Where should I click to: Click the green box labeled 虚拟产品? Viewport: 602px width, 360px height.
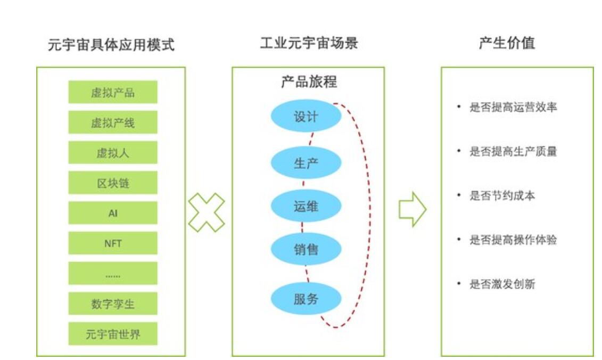point(113,92)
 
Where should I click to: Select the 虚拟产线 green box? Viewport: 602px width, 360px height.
point(113,122)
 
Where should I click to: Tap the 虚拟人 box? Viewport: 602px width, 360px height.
point(113,152)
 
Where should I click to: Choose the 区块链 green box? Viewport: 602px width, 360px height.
point(113,183)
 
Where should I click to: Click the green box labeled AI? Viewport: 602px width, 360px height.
point(113,213)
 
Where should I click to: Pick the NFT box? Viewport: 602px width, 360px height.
point(113,243)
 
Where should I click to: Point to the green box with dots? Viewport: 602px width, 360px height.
point(113,273)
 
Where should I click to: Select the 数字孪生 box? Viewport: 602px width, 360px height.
point(113,304)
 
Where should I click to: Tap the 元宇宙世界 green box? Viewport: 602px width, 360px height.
point(113,333)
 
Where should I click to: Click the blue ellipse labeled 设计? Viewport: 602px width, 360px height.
point(306,116)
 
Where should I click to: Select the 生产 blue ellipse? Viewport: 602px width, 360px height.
point(306,162)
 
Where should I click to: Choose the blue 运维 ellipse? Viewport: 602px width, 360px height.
point(306,206)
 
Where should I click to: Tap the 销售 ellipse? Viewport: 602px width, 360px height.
point(306,249)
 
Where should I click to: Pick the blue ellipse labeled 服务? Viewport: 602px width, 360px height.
point(306,299)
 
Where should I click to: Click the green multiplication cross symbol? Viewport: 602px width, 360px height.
point(207,212)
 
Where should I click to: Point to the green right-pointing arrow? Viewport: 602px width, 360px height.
point(413,209)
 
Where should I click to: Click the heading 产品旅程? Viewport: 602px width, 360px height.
point(309,82)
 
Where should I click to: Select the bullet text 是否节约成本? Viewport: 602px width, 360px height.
point(502,195)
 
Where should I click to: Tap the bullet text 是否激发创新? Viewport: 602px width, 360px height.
point(502,284)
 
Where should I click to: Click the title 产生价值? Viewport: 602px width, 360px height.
point(507,43)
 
